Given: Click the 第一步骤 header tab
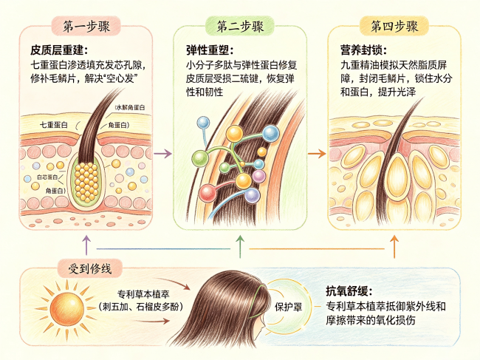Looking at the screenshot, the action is pyautogui.click(x=86, y=27).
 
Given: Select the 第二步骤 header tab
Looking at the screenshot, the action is pyautogui.click(x=240, y=27).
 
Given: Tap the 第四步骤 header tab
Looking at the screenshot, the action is pyautogui.click(x=394, y=27).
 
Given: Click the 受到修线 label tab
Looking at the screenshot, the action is pyautogui.click(x=89, y=268).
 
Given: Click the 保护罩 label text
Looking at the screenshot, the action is pyautogui.click(x=288, y=306).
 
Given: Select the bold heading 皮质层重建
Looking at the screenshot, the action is pyautogui.click(x=59, y=50).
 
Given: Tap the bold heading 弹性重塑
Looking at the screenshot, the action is pyautogui.click(x=210, y=50).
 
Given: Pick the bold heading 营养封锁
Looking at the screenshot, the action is pyautogui.click(x=364, y=50).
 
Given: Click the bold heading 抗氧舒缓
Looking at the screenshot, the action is pyautogui.click(x=349, y=291).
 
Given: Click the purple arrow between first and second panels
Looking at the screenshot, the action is pyautogui.click(x=162, y=153).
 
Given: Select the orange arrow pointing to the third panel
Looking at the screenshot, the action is pyautogui.click(x=317, y=153).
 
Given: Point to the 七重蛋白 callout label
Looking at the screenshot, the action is pyautogui.click(x=54, y=125).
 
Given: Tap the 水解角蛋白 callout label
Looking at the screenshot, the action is pyautogui.click(x=130, y=107).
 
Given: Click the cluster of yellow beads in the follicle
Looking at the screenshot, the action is pyautogui.click(x=86, y=182).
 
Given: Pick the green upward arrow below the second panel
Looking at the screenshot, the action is pyautogui.click(x=240, y=246).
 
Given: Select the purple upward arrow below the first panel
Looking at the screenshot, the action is pyautogui.click(x=87, y=245).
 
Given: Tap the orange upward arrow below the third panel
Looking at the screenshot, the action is pyautogui.click(x=394, y=246).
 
